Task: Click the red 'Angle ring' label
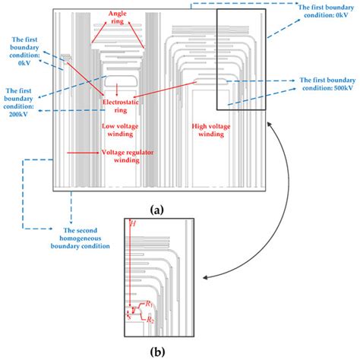(116, 17)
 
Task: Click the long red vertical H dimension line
(131, 266)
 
